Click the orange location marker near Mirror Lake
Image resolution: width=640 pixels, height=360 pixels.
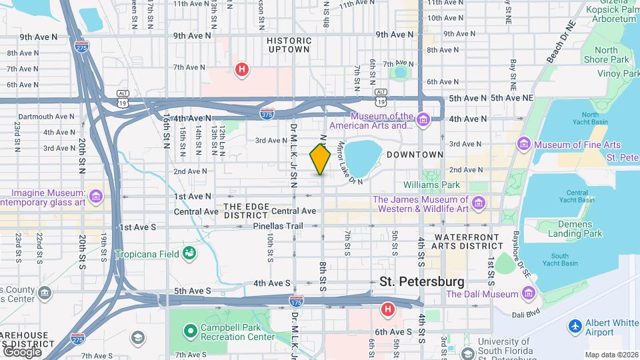coord(320,159)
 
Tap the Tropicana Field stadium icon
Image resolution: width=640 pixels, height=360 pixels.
coord(189,253)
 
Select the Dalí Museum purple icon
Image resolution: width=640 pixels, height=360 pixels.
coord(528,293)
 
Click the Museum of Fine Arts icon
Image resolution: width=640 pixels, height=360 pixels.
coord(524,145)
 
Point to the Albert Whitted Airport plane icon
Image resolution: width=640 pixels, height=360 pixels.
coord(575,327)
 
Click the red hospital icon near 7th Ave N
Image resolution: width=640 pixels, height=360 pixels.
coord(243,69)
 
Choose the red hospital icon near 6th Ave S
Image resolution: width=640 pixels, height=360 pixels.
coord(387,309)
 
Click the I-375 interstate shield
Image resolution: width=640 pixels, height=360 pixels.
coord(267,113)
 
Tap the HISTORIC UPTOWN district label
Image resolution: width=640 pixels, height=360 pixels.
coord(289,45)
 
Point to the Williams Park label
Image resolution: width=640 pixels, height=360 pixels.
coord(432,184)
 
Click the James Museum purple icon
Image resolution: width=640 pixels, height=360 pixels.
coord(478,202)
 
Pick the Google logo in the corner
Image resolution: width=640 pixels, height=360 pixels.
coord(22,351)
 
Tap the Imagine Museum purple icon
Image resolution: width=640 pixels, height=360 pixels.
coord(96,196)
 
